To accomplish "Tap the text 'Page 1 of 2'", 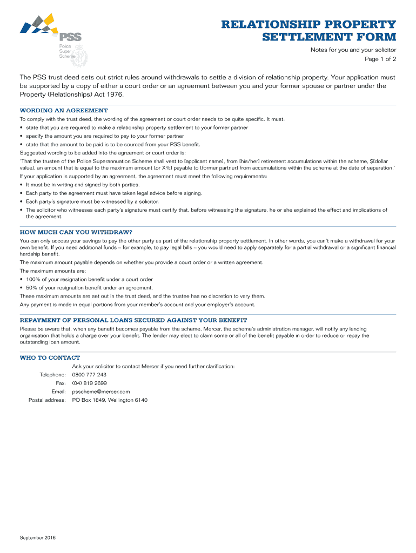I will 381,59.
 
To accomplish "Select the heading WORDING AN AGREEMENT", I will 64,110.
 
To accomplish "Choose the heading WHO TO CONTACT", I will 50,358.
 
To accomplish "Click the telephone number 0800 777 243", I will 89,374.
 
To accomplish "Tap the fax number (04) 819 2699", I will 90,383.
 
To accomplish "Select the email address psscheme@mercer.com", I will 101,392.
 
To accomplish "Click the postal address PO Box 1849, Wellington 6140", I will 110,400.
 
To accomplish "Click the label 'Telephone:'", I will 53,374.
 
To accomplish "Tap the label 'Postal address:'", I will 47,400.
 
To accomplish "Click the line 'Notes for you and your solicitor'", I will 353,50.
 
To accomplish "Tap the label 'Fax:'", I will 61,383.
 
